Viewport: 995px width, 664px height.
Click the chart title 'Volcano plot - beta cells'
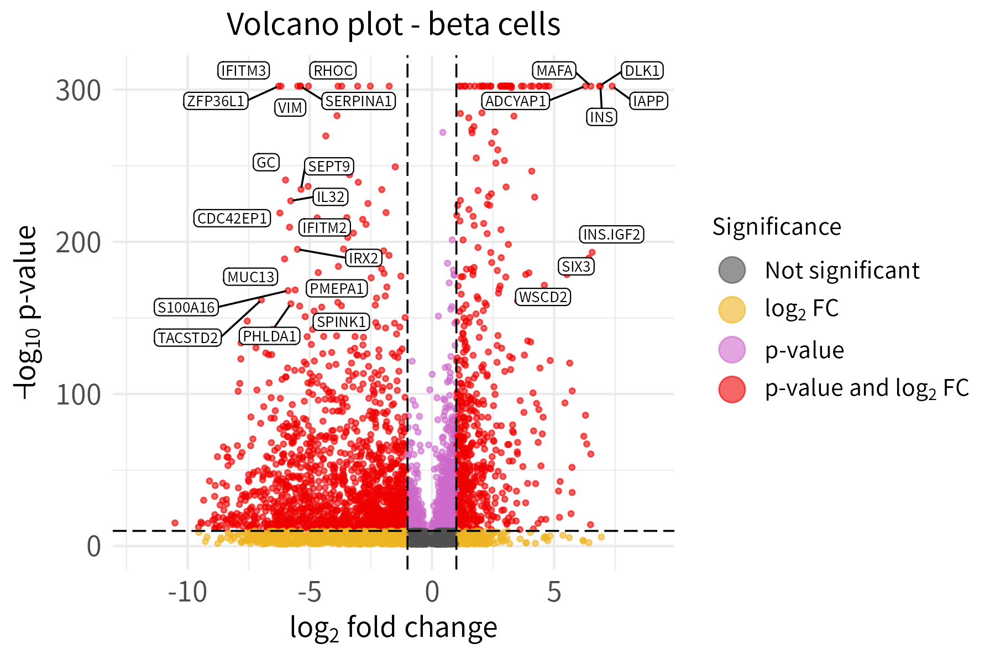coord(394,24)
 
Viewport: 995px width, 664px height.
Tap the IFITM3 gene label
coord(244,71)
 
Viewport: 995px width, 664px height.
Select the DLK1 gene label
coord(642,71)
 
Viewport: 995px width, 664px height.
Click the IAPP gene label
coord(648,101)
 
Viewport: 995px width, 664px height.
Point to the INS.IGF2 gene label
coord(611,235)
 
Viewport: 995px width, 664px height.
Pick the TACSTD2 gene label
coord(188,338)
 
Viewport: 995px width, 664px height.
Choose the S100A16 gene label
coord(186,308)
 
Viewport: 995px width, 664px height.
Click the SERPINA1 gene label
coord(359,101)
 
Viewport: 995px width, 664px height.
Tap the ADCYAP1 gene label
coord(516,101)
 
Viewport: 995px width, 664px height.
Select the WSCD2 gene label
coord(543,297)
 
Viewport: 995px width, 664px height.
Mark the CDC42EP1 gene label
coord(232,219)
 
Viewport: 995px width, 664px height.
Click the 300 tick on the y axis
coord(78,90)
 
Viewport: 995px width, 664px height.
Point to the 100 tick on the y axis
coord(78,395)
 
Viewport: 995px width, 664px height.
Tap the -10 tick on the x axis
coord(187,593)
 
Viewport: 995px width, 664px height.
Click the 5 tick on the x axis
coord(554,593)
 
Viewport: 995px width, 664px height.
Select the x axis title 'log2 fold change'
coord(394,628)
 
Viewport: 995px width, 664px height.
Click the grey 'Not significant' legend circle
coord(732,271)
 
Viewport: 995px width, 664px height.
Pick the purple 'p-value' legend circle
coord(732,350)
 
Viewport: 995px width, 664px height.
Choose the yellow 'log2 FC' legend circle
coord(732,309)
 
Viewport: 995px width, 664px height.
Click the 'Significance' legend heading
coord(777,227)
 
